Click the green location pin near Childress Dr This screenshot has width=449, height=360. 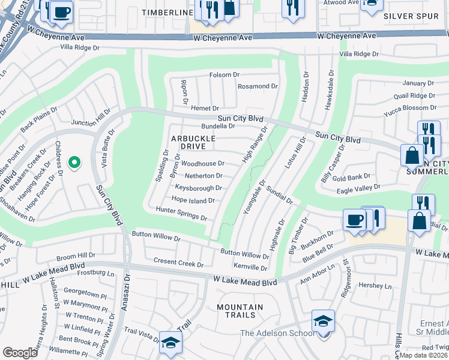click(x=74, y=163)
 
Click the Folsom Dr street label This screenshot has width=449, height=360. click(x=224, y=75)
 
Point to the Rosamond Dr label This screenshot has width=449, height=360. click(x=258, y=86)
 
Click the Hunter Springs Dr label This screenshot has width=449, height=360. click(x=181, y=213)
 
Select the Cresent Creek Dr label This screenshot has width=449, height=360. click(x=179, y=263)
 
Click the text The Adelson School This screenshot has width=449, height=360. click(x=277, y=334)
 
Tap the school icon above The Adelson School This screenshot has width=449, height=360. click(x=323, y=321)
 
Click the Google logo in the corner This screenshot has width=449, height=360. click(x=20, y=352)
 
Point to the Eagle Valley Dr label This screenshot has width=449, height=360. click(x=359, y=188)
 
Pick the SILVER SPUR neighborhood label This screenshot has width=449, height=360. click(x=411, y=16)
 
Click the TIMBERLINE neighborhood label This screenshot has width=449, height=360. click(x=167, y=12)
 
